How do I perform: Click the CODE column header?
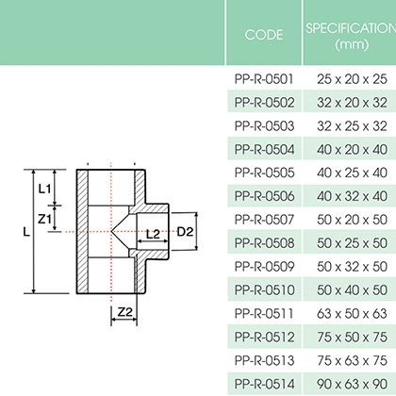264,35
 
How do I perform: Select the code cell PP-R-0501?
264,79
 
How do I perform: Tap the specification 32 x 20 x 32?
352,103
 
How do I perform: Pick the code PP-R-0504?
264,149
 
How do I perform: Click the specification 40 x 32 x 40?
352,196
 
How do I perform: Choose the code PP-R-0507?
264,220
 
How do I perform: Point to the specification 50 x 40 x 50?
352,289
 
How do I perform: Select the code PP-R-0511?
264,313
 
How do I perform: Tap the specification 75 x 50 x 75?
352,337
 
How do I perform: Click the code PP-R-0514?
264,384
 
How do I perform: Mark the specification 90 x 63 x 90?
352,384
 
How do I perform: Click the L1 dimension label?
44,189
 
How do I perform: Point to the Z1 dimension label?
44,219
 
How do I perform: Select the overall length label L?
26,232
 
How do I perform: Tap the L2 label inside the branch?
153,234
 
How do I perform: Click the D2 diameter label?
185,232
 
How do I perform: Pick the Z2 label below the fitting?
125,312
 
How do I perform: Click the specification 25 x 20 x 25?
352,79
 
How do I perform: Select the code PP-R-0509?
264,267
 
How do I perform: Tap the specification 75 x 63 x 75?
352,360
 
